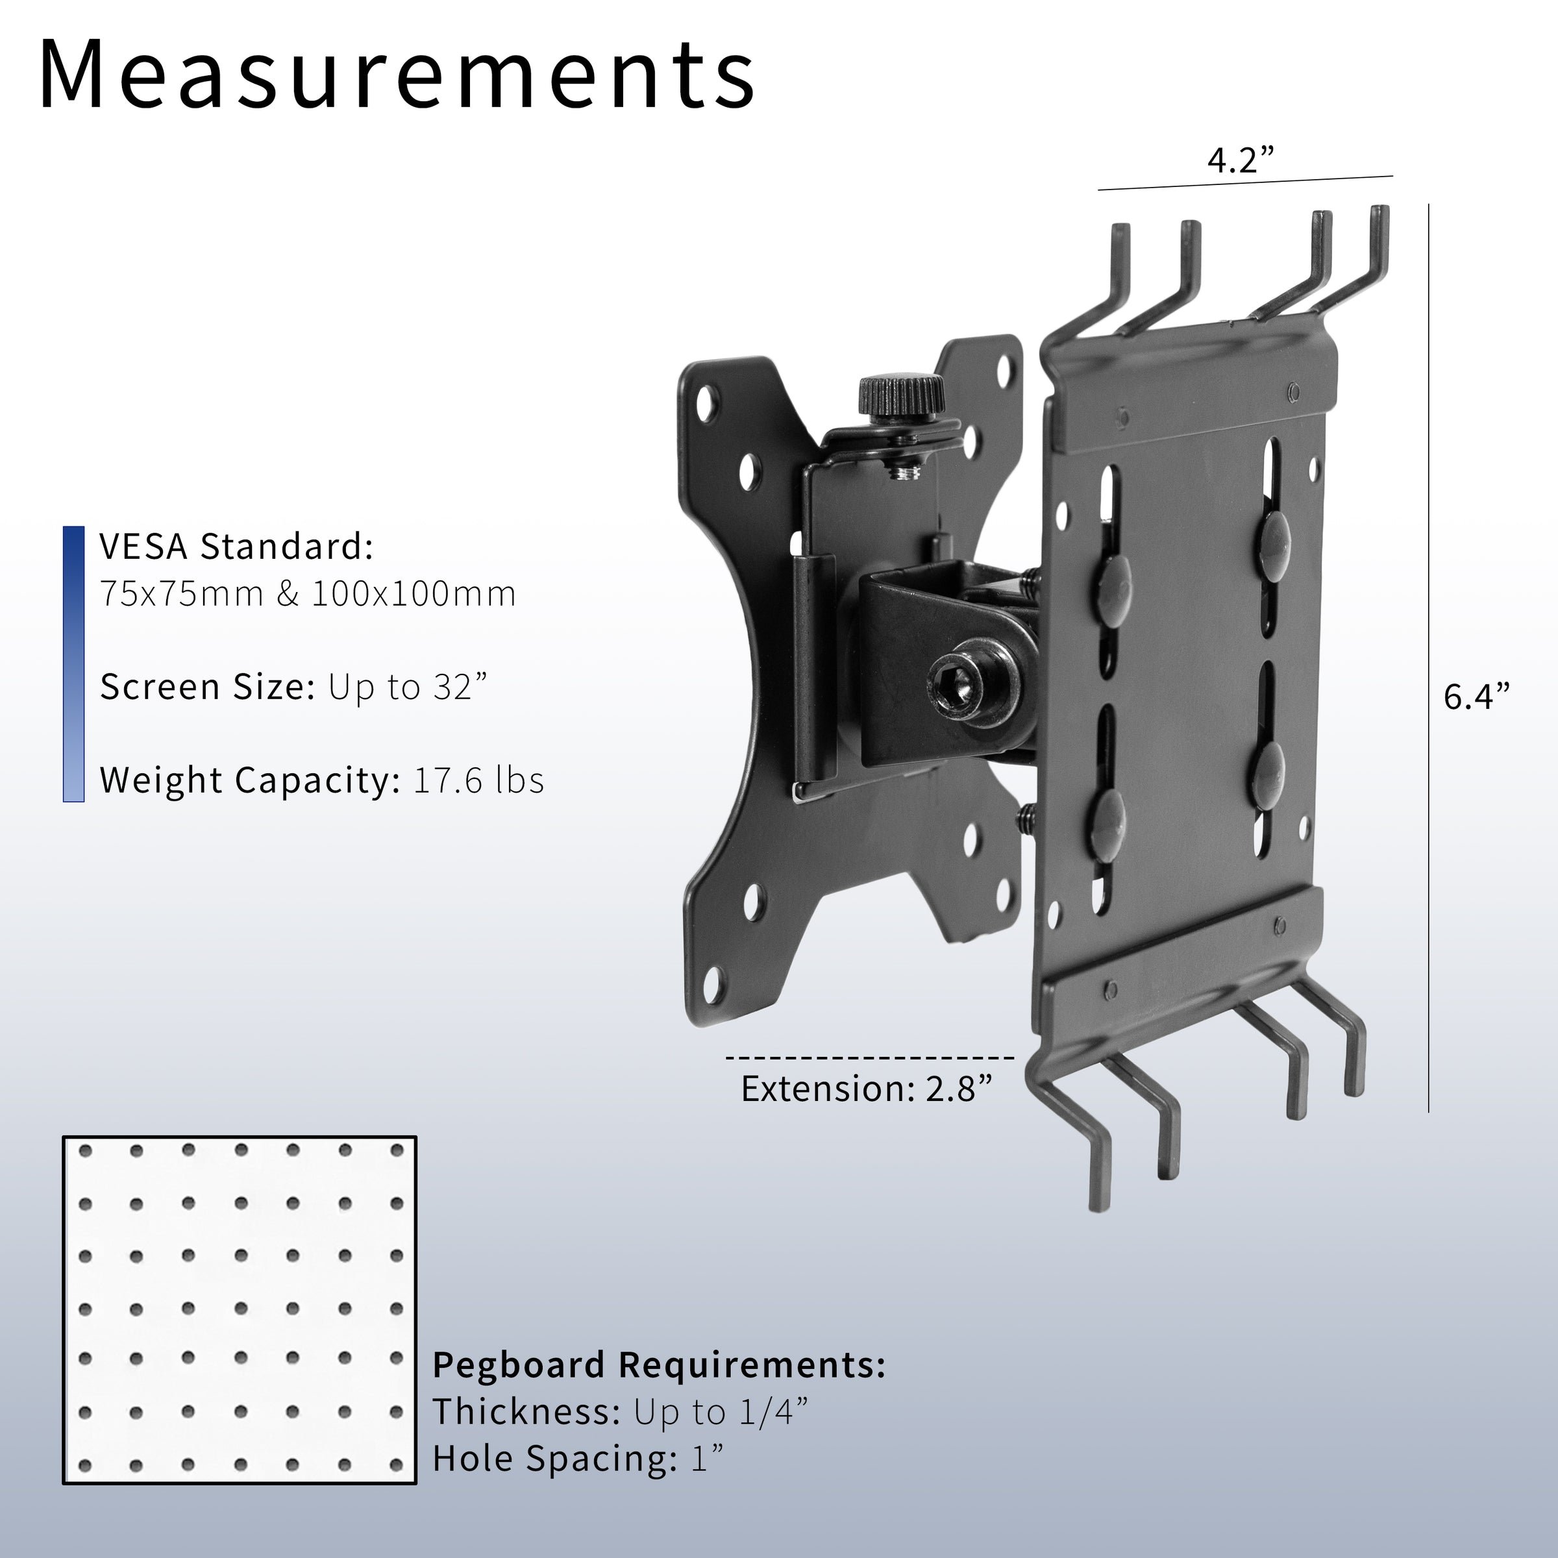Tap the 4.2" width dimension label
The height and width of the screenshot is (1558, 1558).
coord(1241,160)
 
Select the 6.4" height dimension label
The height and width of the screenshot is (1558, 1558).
coord(1476,697)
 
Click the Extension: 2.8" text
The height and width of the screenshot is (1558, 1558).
coord(866,1089)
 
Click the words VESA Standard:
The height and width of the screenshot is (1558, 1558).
coord(236,547)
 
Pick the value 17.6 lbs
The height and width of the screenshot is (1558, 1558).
coord(478,780)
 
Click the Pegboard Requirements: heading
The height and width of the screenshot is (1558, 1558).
coord(659,1365)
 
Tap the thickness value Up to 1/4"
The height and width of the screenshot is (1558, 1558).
coord(720,1412)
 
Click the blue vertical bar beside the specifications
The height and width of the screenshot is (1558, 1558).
coord(73,663)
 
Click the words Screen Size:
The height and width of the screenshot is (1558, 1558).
coord(207,687)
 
